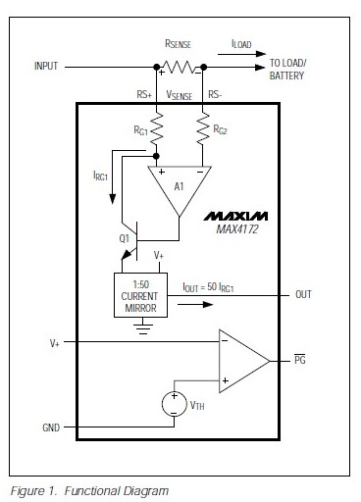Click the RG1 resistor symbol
156,127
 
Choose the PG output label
302,361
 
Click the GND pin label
51,428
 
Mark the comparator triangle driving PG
240,361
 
